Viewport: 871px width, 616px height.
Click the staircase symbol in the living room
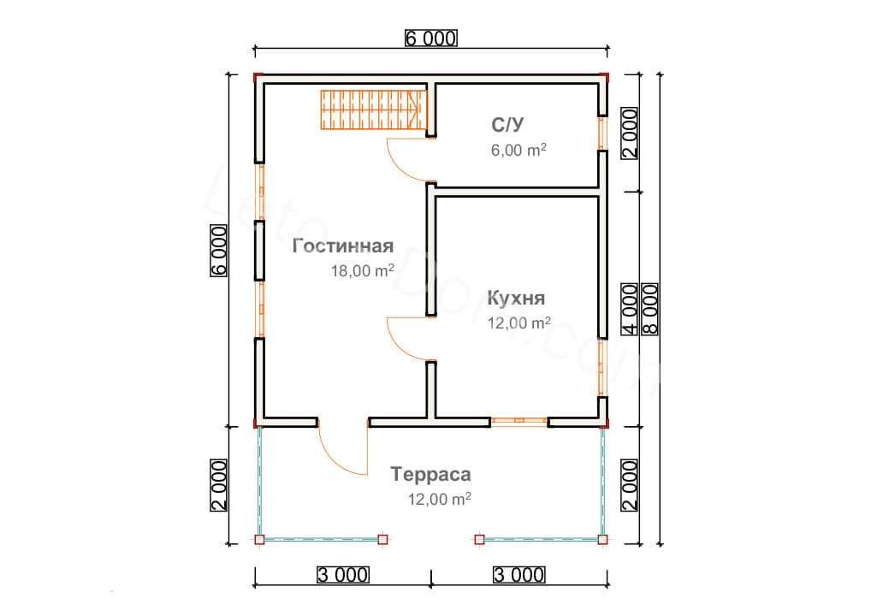pyautogui.click(x=373, y=110)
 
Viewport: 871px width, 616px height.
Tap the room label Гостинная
pyautogui.click(x=342, y=246)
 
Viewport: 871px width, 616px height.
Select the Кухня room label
pyautogui.click(x=516, y=299)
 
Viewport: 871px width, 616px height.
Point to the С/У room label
pyautogui.click(x=507, y=125)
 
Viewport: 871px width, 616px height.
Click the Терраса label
pyautogui.click(x=430, y=474)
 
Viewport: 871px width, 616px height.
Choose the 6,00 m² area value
pyautogui.click(x=515, y=150)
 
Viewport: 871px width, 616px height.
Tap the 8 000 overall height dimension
pyautogui.click(x=649, y=307)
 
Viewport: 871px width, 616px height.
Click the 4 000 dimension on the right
pyautogui.click(x=629, y=308)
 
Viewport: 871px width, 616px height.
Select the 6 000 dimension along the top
pyautogui.click(x=431, y=38)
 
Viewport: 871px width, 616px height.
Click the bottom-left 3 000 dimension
pyautogui.click(x=342, y=574)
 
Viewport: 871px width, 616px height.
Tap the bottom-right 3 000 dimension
pyautogui.click(x=519, y=574)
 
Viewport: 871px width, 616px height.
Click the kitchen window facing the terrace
pyautogui.click(x=518, y=421)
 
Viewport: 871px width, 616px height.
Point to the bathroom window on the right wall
pyautogui.click(x=601, y=133)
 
